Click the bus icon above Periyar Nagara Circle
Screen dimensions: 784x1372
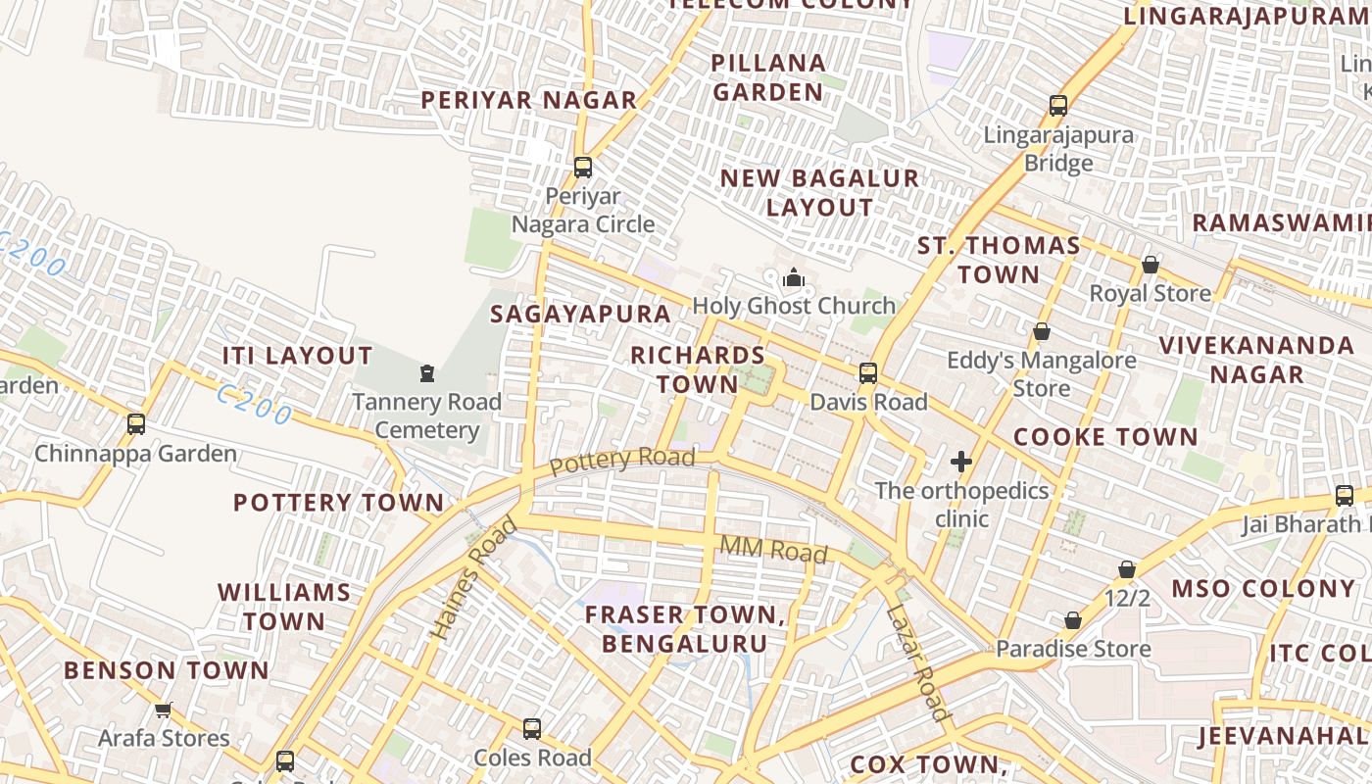pos(583,167)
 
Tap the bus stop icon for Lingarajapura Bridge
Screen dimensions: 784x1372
pos(1057,106)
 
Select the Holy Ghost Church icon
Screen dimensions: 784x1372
pos(794,279)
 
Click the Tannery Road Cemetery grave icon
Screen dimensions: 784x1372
pos(427,373)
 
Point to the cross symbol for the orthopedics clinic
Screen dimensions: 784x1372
pos(961,462)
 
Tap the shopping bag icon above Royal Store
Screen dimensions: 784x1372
pos(1151,265)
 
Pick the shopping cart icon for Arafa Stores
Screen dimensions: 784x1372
pos(164,710)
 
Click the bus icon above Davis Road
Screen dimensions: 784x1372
pos(868,373)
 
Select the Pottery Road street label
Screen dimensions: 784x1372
pos(622,460)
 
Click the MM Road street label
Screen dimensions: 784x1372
pos(773,550)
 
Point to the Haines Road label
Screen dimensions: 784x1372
pos(474,579)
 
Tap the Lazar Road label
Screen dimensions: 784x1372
pos(918,662)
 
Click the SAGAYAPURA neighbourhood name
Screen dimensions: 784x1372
pos(580,314)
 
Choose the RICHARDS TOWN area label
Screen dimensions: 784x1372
pos(698,368)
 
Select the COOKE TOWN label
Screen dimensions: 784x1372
pos(1105,437)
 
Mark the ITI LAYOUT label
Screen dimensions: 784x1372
pos(297,356)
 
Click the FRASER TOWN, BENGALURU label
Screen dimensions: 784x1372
pos(685,629)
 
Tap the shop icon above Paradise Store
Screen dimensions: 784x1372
pos(1073,620)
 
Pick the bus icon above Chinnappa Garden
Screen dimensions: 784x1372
pos(136,424)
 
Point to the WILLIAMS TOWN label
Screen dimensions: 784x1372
pos(284,607)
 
